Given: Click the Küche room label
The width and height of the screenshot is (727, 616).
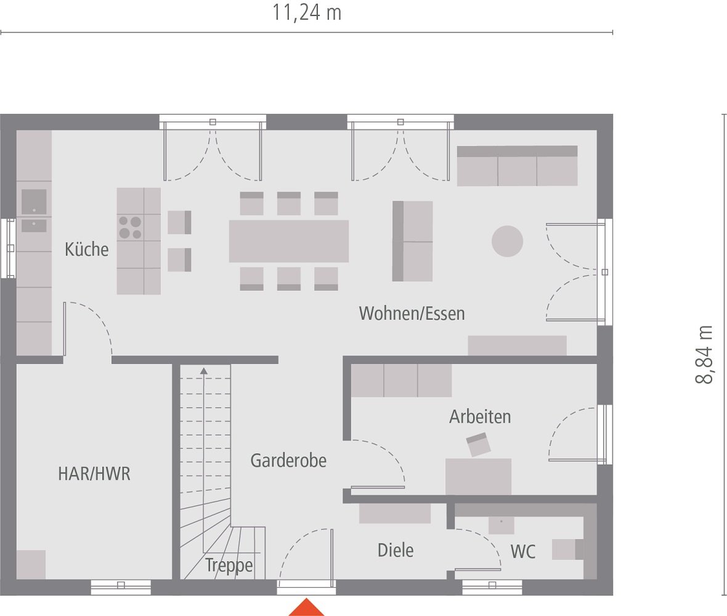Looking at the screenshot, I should (x=86, y=250).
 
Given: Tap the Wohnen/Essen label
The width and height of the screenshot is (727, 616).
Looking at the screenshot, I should (x=412, y=314).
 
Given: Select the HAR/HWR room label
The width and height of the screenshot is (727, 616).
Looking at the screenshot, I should (x=94, y=474).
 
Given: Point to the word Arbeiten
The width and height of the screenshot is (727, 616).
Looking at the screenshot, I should (x=480, y=416).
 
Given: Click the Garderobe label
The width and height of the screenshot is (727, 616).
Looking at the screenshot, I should (x=288, y=460).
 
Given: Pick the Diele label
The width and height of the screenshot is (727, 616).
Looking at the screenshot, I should (x=396, y=550).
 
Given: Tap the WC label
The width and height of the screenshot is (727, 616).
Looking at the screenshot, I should (x=523, y=551).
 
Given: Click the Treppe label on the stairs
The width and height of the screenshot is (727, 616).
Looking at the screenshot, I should (x=229, y=565).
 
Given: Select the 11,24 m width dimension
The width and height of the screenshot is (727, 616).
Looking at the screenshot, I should (x=307, y=12).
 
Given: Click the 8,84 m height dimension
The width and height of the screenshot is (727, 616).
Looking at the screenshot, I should (x=704, y=355).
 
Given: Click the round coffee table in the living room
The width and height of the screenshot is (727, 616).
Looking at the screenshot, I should (x=507, y=241).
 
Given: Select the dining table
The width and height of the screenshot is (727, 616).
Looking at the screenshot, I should (x=288, y=241).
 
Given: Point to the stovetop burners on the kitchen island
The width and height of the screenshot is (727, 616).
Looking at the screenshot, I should (x=130, y=227).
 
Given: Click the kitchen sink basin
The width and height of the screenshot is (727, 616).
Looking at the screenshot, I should (x=34, y=201).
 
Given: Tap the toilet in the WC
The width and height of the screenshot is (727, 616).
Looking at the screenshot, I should (x=567, y=549).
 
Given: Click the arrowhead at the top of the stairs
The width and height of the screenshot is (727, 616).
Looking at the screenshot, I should (x=203, y=370).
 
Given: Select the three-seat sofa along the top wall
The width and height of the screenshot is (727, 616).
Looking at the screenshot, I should (x=517, y=166).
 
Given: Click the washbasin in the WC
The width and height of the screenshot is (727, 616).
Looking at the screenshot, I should (x=501, y=525).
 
